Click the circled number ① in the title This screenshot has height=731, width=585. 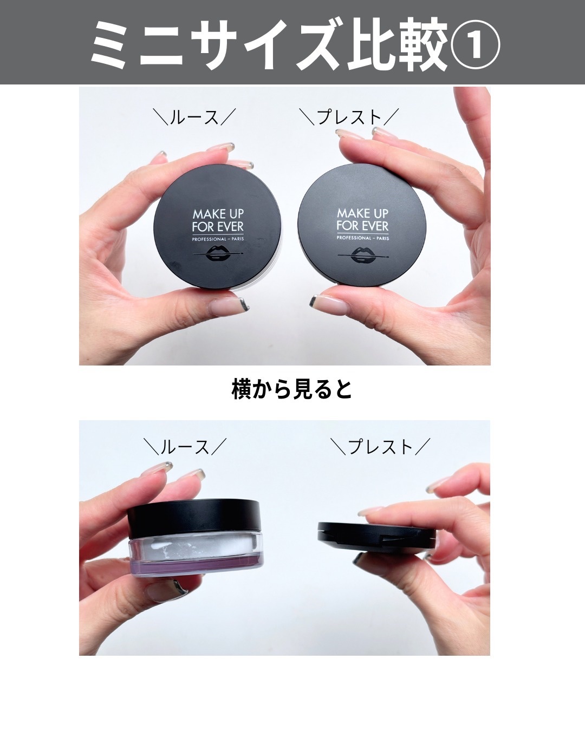(475, 44)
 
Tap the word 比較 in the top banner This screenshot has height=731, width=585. (398, 44)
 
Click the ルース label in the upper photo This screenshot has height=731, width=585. (194, 117)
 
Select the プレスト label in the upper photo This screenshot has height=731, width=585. (349, 117)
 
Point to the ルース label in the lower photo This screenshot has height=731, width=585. (185, 446)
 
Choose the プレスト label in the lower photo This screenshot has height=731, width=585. (380, 446)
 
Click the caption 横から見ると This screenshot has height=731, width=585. (291, 389)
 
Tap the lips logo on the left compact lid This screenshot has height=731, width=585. (218, 253)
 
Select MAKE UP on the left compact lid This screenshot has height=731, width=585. (218, 214)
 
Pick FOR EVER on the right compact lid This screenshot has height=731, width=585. (363, 226)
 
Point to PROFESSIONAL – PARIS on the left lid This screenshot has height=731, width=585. (218, 239)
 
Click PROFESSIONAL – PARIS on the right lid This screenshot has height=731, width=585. (363, 238)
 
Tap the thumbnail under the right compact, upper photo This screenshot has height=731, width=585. (329, 304)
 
